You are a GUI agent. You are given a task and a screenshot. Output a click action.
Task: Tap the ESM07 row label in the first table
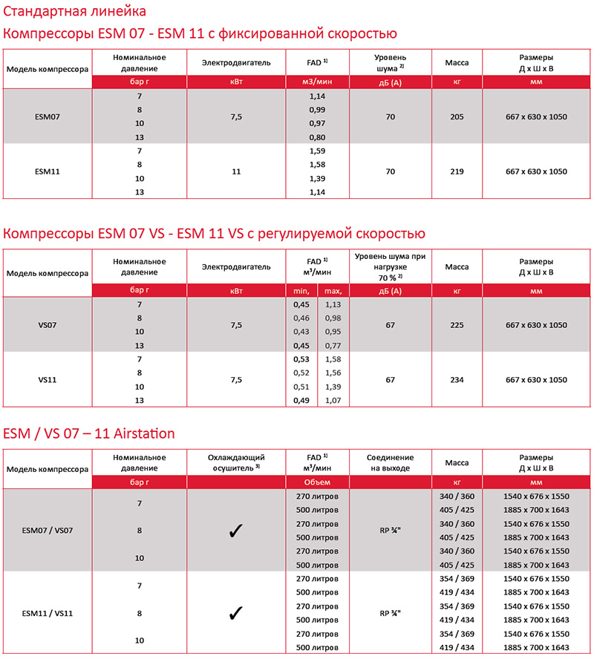[x=48, y=117]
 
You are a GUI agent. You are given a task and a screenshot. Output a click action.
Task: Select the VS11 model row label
[x=48, y=380]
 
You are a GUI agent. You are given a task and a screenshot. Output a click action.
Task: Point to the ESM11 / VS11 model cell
[x=48, y=613]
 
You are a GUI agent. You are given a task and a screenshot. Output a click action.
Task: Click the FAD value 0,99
[x=318, y=110]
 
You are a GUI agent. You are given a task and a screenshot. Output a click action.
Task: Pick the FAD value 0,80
[x=318, y=137]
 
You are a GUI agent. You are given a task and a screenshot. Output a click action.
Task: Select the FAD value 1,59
[x=318, y=151]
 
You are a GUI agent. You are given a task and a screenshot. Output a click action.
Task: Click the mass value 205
[x=457, y=117]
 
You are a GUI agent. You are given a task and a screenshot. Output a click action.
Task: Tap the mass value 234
[x=457, y=380]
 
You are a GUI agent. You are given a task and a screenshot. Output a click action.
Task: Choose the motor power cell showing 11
[x=236, y=171]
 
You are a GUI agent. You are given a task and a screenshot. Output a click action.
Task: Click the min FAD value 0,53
[x=301, y=359]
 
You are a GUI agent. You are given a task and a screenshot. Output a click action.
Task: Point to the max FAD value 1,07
[x=333, y=401]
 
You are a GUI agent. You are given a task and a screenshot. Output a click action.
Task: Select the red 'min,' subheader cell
[x=301, y=291]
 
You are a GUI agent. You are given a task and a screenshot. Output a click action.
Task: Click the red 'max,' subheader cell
[x=333, y=291]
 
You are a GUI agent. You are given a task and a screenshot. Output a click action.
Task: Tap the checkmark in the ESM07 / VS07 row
[x=236, y=531]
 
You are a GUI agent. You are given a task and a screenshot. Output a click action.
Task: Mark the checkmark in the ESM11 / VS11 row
[x=236, y=613]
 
